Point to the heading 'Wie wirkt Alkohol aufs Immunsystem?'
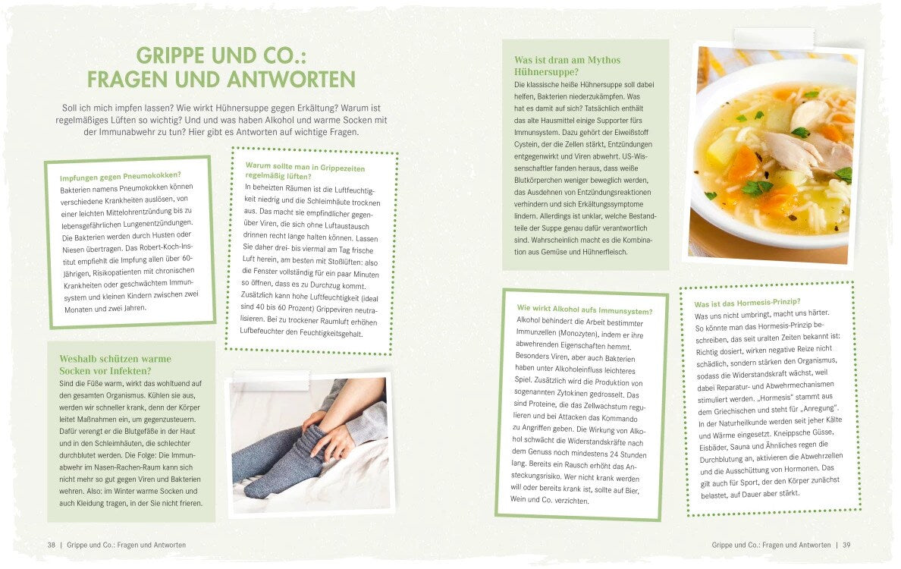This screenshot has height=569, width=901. click(x=585, y=310)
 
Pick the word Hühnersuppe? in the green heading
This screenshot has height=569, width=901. click(x=547, y=72)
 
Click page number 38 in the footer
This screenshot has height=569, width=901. click(x=52, y=545)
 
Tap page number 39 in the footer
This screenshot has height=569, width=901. click(x=846, y=545)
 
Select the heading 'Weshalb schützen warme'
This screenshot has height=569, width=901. click(x=115, y=359)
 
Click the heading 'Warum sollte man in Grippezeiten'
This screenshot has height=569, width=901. click(x=305, y=167)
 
